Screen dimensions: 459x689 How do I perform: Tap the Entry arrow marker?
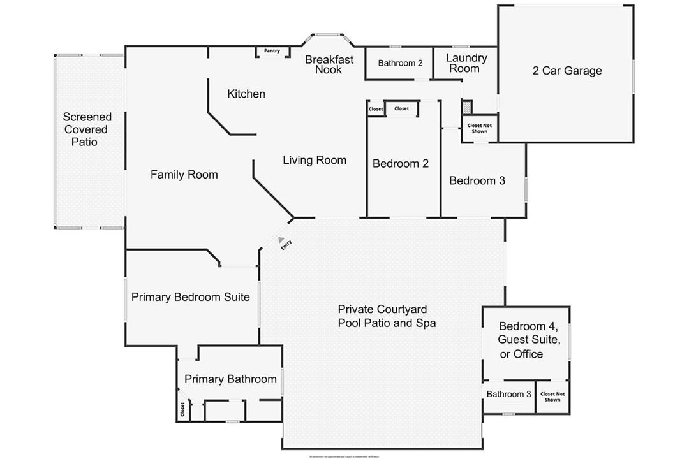pos(280,238)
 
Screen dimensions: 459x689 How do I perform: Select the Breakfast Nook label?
pos(329,64)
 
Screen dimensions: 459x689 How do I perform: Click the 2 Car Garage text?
pos(567,71)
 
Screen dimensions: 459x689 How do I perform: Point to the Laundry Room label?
pos(466,63)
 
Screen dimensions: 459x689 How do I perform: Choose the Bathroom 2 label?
pos(400,63)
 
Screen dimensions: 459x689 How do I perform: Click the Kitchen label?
pos(246,94)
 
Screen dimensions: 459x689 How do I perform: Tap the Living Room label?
pos(315,161)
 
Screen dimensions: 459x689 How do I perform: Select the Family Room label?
pos(184,175)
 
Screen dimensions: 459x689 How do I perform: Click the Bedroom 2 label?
pos(401,164)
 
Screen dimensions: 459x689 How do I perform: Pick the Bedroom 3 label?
pos(477,181)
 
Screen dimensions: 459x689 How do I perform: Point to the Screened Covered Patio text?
pos(87,129)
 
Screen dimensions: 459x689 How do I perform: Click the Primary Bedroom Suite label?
pos(190,297)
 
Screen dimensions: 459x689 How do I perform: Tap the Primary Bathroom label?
pos(230,379)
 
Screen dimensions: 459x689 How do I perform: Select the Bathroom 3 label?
pos(508,395)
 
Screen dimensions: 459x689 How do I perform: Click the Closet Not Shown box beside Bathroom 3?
pos(552,397)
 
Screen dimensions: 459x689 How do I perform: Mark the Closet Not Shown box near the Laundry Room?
pos(479,128)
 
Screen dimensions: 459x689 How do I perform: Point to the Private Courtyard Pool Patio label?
pos(387,316)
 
